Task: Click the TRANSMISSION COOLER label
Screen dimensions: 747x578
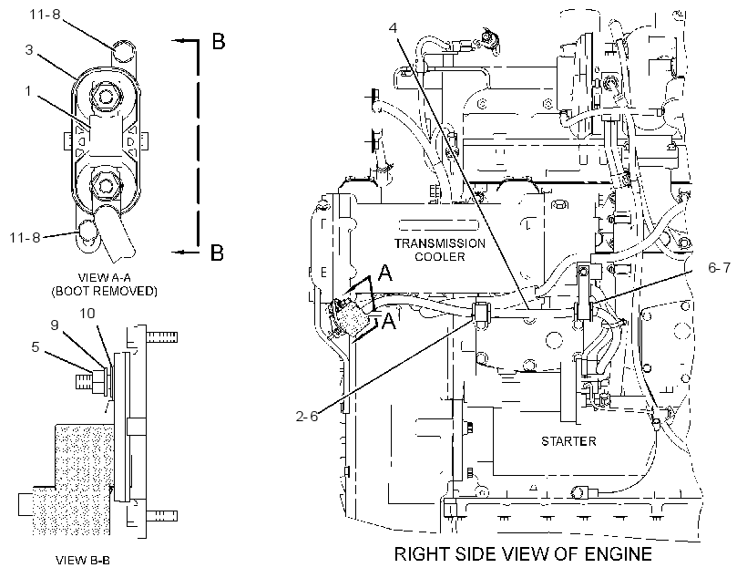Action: [x=440, y=250]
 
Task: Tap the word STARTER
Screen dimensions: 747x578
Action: [x=568, y=441]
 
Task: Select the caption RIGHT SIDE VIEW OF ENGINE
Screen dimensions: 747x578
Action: [x=523, y=553]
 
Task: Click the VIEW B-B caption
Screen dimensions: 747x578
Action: [x=83, y=560]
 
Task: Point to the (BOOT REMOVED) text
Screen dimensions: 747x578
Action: [x=105, y=291]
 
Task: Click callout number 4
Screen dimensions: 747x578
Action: [x=393, y=27]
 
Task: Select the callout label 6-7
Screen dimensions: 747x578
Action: [x=720, y=267]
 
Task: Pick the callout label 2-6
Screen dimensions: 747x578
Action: [x=307, y=417]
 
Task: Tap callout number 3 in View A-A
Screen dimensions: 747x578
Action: [x=29, y=49]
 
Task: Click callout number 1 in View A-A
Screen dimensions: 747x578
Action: [x=28, y=90]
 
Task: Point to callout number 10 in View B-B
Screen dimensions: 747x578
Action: [x=87, y=314]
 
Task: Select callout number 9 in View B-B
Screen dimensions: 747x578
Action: [x=55, y=325]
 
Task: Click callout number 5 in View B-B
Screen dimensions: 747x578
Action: [x=36, y=346]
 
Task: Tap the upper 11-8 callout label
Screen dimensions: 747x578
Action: [x=46, y=15]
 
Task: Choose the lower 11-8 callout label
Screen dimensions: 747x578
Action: [x=26, y=236]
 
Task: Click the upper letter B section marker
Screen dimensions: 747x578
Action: [x=219, y=42]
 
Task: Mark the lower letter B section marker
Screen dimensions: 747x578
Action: [x=217, y=253]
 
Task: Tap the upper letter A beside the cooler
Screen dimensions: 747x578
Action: [x=385, y=274]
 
